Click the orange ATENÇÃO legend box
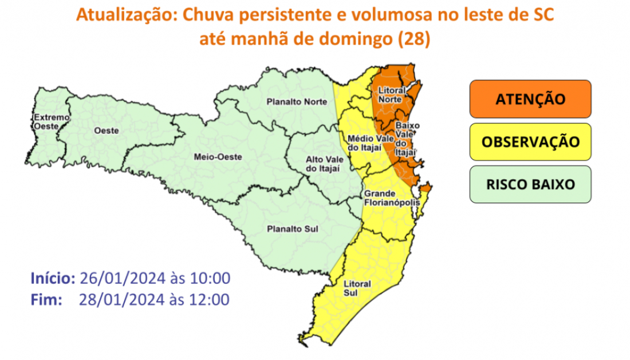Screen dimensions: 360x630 tap(530, 98)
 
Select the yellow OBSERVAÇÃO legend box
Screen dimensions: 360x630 tap(530, 141)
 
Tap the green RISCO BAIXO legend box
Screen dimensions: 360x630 tap(530, 184)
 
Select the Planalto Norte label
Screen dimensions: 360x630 tap(297, 102)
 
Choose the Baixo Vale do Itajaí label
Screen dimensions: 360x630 tap(405, 137)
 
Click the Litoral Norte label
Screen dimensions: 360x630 tap(392, 95)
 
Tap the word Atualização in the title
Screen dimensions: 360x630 tap(126, 15)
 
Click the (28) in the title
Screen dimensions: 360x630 tap(415, 40)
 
